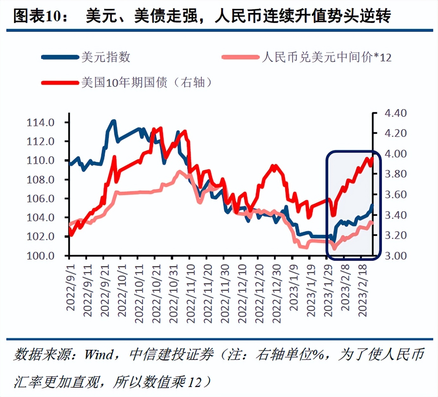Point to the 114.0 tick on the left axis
coord(41,122)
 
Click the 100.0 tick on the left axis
coord(41,256)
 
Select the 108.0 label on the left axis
coord(41,179)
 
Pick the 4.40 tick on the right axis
coord(395,113)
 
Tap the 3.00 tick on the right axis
coord(395,256)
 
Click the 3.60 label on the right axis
coord(395,194)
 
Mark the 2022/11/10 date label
coord(190,294)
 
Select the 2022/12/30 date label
coord(276,294)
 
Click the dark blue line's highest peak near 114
coord(113,121)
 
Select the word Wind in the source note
coord(99,355)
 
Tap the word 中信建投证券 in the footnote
coord(171,355)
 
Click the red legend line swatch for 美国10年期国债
coord(60,83)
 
